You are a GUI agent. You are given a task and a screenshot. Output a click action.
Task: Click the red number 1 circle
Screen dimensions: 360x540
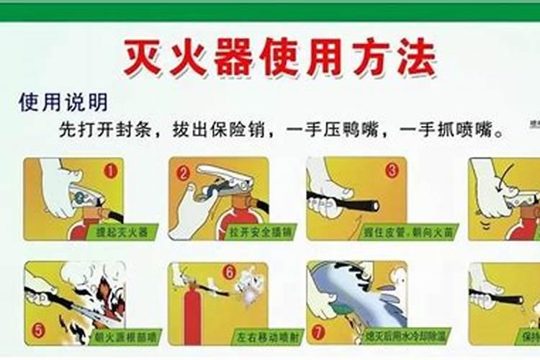pyautogui.click(x=110, y=171)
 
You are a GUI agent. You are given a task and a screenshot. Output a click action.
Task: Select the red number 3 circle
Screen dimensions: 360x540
pyautogui.click(x=392, y=171)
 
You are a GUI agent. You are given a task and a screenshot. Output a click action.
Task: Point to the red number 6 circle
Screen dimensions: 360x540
pyautogui.click(x=230, y=273)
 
